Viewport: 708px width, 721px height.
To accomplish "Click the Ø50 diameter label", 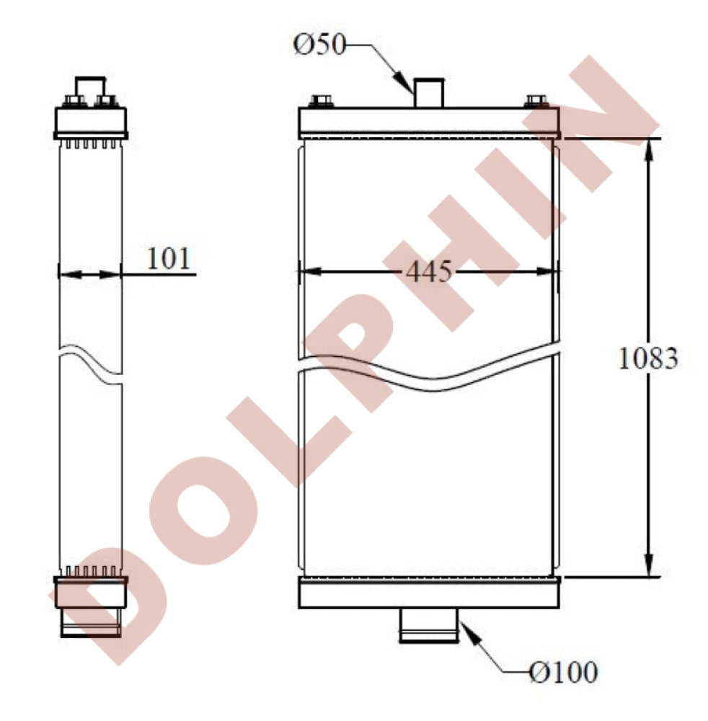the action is coord(319,45).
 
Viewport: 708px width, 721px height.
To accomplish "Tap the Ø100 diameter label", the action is coord(563,672).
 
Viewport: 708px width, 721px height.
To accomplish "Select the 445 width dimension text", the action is coord(429,271).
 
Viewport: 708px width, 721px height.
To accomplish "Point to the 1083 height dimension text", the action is coord(648,358).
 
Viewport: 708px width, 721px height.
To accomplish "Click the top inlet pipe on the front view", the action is coord(429,93).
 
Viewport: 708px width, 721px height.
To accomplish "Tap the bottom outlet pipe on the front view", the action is coord(430,625).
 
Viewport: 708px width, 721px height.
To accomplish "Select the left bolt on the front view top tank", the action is coord(322,101).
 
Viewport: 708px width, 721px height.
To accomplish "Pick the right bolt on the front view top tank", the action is coord(536,101).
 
